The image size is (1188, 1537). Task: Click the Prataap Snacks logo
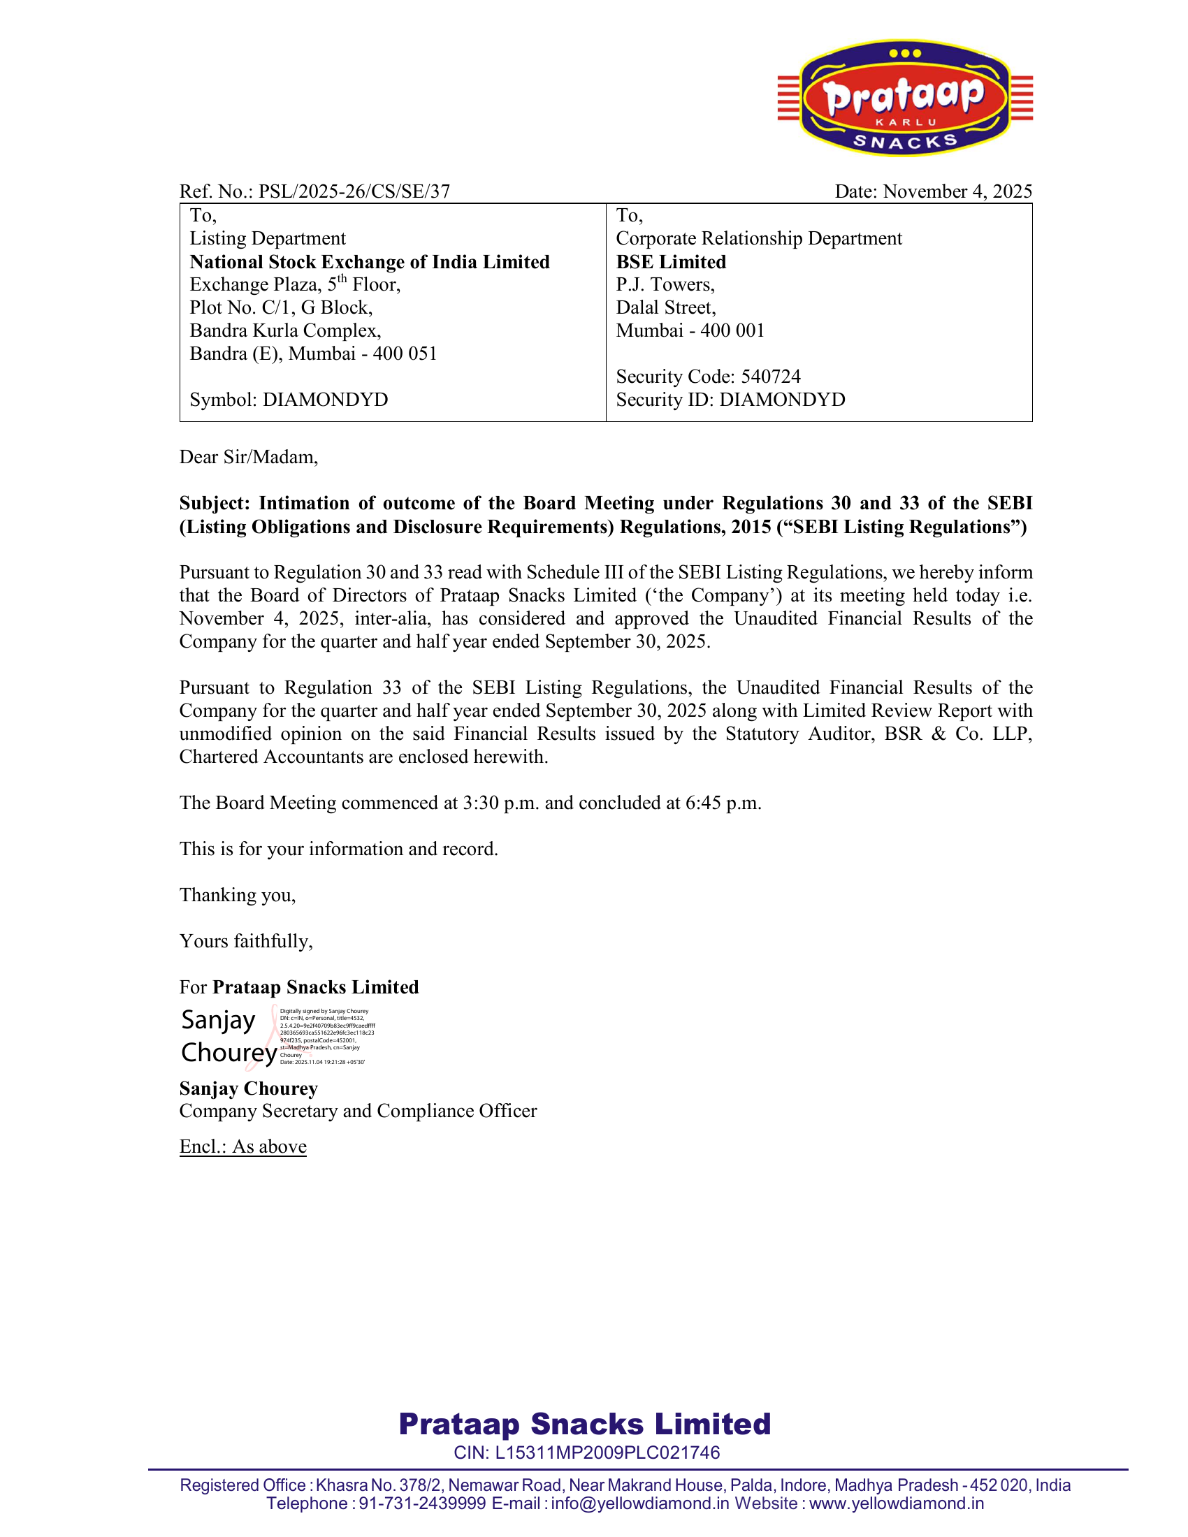(x=905, y=98)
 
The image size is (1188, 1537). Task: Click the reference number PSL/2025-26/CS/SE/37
(x=354, y=191)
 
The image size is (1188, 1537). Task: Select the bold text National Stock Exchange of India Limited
(x=370, y=262)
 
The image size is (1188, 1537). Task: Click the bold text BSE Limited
(x=671, y=262)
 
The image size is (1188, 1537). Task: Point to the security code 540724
(x=771, y=377)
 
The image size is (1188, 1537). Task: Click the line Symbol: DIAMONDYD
(x=289, y=400)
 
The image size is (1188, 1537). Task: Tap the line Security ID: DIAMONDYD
(x=730, y=400)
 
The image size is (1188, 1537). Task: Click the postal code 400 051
(x=405, y=354)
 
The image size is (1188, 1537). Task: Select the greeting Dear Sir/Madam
(x=249, y=458)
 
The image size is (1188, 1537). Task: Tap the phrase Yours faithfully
(x=245, y=942)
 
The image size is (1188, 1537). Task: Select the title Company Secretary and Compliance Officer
(x=358, y=1111)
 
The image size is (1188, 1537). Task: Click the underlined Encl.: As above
(x=242, y=1146)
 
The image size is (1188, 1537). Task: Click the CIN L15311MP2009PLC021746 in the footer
(x=587, y=1452)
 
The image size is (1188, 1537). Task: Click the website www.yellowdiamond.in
(x=896, y=1503)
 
